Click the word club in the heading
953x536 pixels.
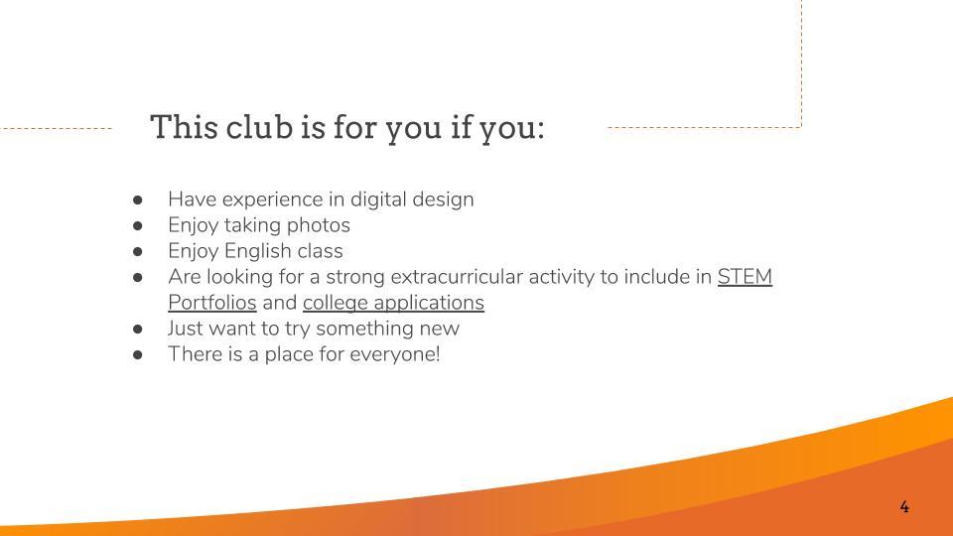click(259, 127)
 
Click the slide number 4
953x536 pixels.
click(904, 507)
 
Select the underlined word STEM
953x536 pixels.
click(745, 277)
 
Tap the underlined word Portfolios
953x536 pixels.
click(212, 303)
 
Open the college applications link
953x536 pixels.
click(393, 303)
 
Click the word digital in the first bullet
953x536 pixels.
click(378, 200)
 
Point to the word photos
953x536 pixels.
click(319, 225)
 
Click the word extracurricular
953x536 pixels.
click(457, 277)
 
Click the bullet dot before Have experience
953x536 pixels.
click(138, 200)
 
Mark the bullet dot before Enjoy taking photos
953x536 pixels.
click(138, 226)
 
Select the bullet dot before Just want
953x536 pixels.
click(138, 330)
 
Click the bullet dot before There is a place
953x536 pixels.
click(138, 355)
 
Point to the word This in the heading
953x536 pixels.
click(185, 127)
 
